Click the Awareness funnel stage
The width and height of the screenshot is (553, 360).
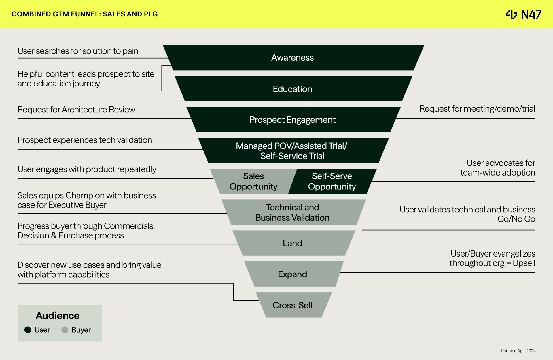[293, 58]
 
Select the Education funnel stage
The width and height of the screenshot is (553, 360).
[293, 89]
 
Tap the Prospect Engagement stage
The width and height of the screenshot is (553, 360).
[293, 120]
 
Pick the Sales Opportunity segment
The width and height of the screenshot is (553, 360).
[253, 181]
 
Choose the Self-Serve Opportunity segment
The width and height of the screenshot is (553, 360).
[332, 181]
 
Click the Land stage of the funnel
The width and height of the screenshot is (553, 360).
[293, 243]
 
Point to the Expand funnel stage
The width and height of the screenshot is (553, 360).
[293, 274]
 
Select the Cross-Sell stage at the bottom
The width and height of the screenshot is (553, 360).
[293, 305]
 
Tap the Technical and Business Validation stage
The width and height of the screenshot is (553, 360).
[293, 212]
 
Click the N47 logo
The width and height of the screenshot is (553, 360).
[524, 14]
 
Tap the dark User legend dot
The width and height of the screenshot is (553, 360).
[28, 330]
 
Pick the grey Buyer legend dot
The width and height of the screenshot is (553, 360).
[65, 330]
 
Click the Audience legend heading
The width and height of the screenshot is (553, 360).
[58, 316]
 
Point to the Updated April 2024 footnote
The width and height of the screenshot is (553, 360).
[518, 351]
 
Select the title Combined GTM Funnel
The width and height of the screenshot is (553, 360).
[84, 14]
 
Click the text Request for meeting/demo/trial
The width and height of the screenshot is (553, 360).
[477, 109]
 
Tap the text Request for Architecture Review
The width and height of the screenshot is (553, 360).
[76, 110]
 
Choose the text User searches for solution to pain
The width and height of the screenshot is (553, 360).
[78, 51]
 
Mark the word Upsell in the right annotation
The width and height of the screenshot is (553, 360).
[524, 263]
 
